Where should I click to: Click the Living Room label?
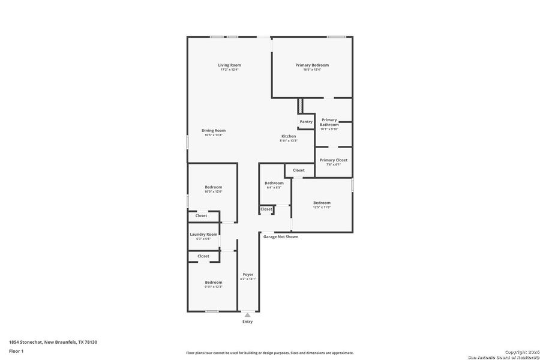pyautogui.click(x=229, y=65)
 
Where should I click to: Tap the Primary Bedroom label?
pyautogui.click(x=312, y=65)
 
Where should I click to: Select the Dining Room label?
pyautogui.click(x=214, y=130)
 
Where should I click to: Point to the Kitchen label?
pyautogui.click(x=289, y=136)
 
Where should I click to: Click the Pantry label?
pyautogui.click(x=306, y=122)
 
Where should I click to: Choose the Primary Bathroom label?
pyautogui.click(x=329, y=122)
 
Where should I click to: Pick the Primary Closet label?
pyautogui.click(x=334, y=160)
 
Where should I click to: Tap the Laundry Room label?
pyautogui.click(x=203, y=234)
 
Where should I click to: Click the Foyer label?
pyautogui.click(x=248, y=274)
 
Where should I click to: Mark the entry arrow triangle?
pyautogui.click(x=247, y=315)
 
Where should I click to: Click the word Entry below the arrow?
pyautogui.click(x=247, y=322)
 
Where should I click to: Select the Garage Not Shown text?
pyautogui.click(x=281, y=236)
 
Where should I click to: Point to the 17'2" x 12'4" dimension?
pyautogui.click(x=229, y=70)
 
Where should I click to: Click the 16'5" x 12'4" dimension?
pyautogui.click(x=312, y=70)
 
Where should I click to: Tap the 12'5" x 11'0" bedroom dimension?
pyautogui.click(x=322, y=208)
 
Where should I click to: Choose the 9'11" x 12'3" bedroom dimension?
pyautogui.click(x=214, y=287)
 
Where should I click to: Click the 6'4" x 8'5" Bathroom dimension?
pyautogui.click(x=274, y=188)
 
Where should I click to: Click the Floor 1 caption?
pyautogui.click(x=16, y=351)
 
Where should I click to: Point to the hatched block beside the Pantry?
pyautogui.click(x=300, y=106)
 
